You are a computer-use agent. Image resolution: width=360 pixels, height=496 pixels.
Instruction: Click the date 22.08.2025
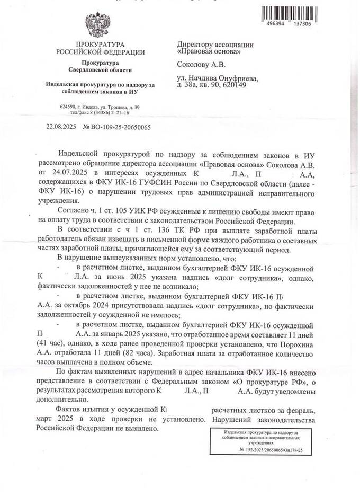click(x=61, y=127)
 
